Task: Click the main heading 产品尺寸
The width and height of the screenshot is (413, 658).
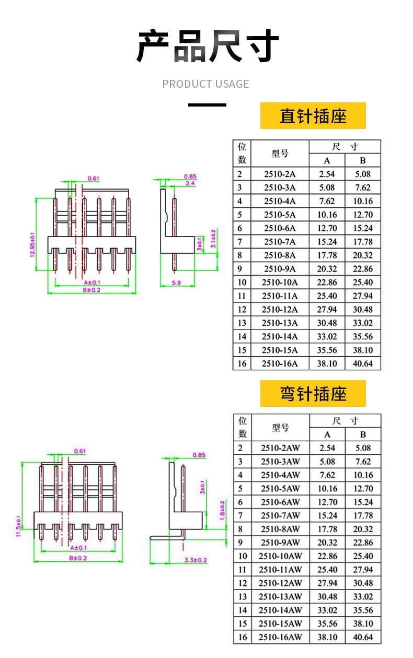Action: (206, 46)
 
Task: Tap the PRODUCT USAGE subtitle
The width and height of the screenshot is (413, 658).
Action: (205, 84)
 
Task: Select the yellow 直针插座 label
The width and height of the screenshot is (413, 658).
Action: (313, 116)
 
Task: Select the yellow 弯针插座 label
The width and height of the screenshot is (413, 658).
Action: (313, 394)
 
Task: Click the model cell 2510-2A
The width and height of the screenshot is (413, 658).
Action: (280, 174)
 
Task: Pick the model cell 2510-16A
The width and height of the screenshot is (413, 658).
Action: (280, 363)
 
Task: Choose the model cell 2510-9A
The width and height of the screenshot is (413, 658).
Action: (280, 269)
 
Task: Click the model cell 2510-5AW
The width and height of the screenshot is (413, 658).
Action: (280, 489)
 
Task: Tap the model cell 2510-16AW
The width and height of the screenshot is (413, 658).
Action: (280, 637)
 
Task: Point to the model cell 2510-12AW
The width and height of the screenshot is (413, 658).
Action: (280, 583)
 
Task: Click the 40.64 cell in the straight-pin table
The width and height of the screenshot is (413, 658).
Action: (362, 363)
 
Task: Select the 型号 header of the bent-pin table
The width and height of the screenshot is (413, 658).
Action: (280, 428)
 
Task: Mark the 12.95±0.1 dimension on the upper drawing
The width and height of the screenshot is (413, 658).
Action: (32, 244)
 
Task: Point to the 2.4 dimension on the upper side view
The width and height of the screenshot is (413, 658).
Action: (190, 184)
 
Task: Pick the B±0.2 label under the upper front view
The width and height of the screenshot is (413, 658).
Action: (91, 290)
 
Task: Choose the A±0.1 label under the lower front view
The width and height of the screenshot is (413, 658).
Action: (78, 547)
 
